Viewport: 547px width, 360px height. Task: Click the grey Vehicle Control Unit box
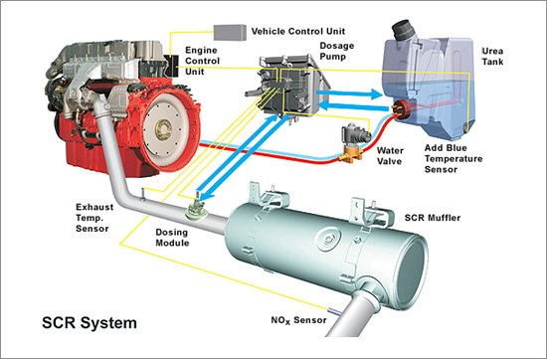tap(230, 32)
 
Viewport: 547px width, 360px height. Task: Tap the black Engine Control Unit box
tap(172, 66)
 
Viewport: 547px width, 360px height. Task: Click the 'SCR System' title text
tap(90, 322)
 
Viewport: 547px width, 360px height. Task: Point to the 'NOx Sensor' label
tap(298, 320)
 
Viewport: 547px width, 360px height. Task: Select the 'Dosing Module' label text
tap(172, 238)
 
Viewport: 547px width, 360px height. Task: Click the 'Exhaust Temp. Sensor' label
tap(94, 218)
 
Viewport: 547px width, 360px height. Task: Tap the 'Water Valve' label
tap(390, 156)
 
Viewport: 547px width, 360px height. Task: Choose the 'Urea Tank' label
tap(492, 57)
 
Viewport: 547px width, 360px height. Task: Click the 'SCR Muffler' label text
tap(433, 218)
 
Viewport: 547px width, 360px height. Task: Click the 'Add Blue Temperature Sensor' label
tap(454, 159)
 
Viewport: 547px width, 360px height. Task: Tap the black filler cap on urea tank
tap(403, 30)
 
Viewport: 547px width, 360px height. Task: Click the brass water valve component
tap(353, 155)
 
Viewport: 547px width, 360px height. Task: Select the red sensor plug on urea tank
tap(401, 108)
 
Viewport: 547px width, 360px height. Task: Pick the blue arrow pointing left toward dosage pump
tap(354, 105)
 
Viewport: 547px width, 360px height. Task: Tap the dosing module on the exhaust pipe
tap(196, 211)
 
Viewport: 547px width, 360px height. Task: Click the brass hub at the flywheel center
tap(163, 129)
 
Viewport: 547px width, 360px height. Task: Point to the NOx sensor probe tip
tap(328, 309)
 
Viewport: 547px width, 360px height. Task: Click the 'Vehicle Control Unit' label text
tap(298, 32)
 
